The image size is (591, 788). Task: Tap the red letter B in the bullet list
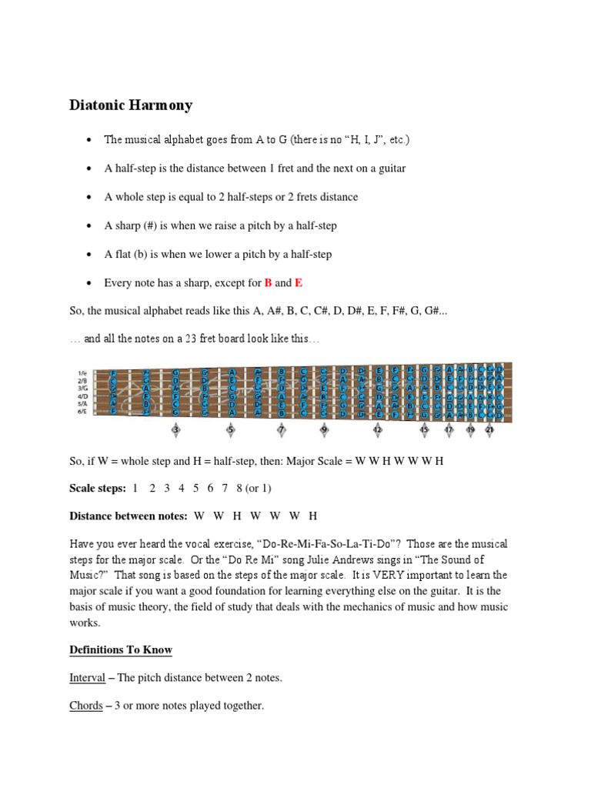pyautogui.click(x=269, y=282)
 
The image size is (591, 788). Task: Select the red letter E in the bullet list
pyautogui.click(x=299, y=282)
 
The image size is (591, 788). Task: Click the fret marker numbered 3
pyautogui.click(x=175, y=430)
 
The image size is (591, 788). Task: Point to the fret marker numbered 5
pyautogui.click(x=230, y=430)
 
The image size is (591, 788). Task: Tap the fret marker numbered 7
pyautogui.click(x=281, y=430)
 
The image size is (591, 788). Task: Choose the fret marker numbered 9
pyautogui.click(x=324, y=430)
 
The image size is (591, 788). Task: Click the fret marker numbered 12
pyautogui.click(x=378, y=430)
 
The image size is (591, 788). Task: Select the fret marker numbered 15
pyautogui.click(x=424, y=430)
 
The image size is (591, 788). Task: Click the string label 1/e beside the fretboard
pyautogui.click(x=82, y=372)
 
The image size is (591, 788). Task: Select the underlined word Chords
pyautogui.click(x=86, y=705)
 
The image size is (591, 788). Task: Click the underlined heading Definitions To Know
pyautogui.click(x=121, y=649)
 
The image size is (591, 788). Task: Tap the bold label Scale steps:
pyautogui.click(x=97, y=488)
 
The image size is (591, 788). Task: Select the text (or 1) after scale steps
pyautogui.click(x=257, y=488)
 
